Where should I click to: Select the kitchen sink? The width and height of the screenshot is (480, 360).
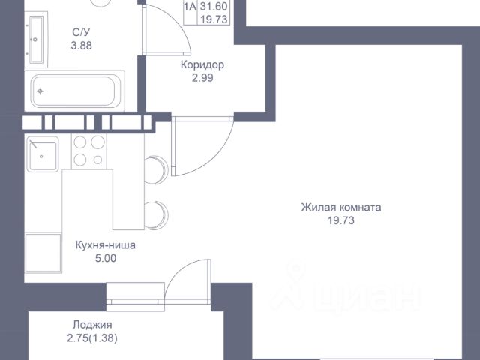43,156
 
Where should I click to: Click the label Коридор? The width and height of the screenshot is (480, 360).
202,64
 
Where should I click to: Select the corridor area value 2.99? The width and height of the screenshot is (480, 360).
202,78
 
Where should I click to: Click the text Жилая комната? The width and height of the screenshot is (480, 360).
340,207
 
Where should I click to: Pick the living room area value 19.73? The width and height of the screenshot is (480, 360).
340,220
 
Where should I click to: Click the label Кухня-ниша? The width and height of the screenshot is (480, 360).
106,244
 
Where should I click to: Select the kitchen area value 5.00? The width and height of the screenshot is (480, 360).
106,258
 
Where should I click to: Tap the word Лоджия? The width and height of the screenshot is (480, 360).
92,325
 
